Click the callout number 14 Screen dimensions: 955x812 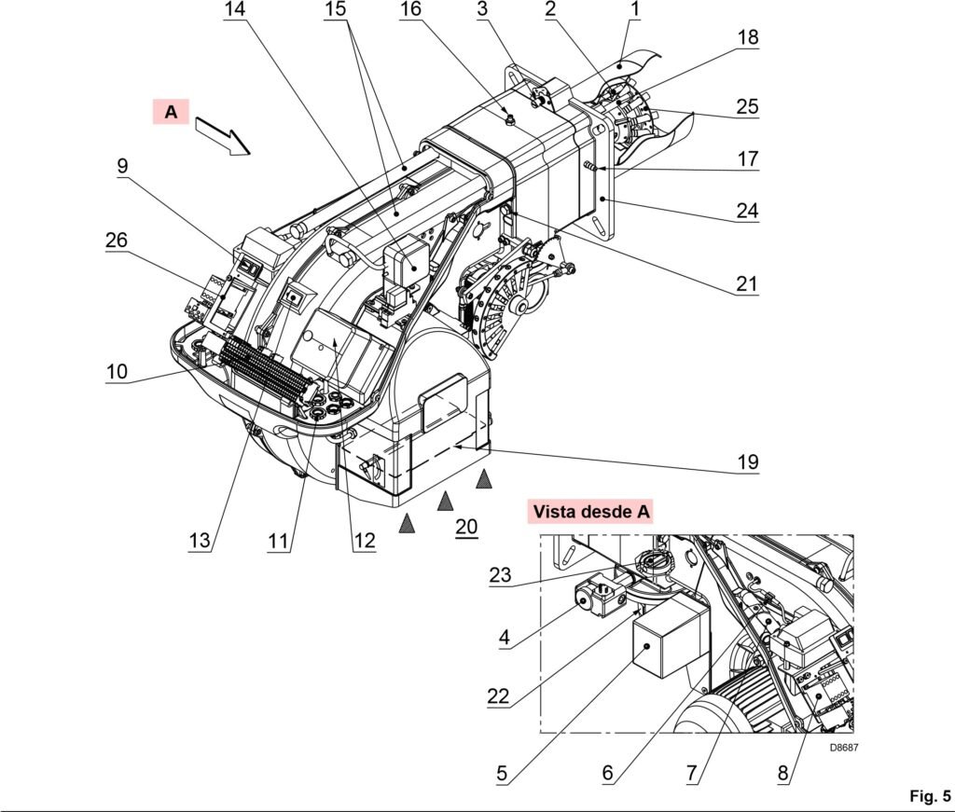[x=234, y=9]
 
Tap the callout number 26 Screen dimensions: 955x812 [x=117, y=240]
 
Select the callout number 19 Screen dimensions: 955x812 [x=748, y=462]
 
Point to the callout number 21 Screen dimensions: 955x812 [x=747, y=283]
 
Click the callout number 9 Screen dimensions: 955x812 [x=122, y=166]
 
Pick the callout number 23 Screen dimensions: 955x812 [x=500, y=574]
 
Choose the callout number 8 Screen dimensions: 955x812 [x=782, y=773]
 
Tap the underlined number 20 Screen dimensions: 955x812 [x=466, y=527]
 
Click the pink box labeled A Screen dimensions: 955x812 [x=172, y=112]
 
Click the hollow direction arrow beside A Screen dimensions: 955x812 [x=223, y=136]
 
